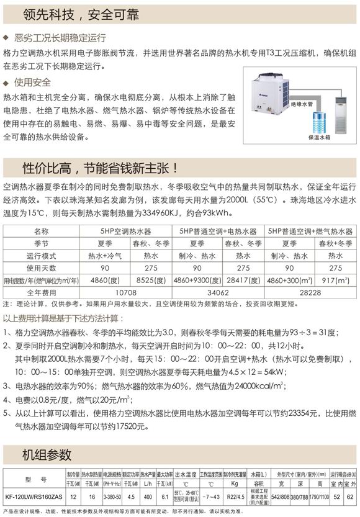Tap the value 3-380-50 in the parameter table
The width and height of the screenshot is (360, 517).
click(114, 497)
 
